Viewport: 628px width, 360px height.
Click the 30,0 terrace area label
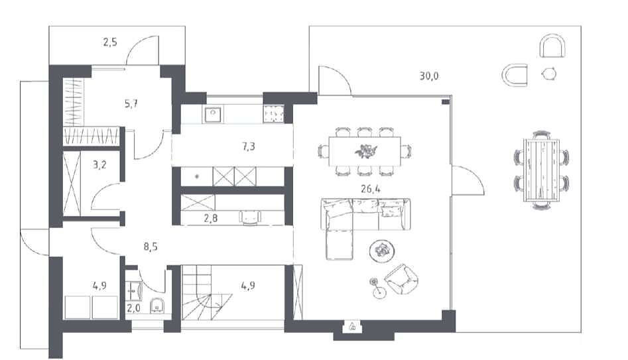click(429, 76)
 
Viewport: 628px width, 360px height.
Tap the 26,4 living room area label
click(371, 189)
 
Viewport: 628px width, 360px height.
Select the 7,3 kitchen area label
click(248, 147)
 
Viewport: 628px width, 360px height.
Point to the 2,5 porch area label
click(110, 42)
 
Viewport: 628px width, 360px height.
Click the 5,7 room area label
click(131, 104)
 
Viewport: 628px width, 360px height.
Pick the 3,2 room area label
click(99, 164)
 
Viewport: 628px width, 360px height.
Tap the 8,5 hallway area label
click(151, 247)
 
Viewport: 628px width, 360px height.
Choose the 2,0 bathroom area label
click(134, 308)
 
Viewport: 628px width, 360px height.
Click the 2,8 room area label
click(211, 218)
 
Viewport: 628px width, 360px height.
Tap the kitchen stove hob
click(274, 114)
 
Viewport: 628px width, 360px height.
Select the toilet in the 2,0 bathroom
click(157, 306)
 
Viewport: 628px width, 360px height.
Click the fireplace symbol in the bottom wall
click(352, 326)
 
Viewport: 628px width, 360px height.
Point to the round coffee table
click(382, 251)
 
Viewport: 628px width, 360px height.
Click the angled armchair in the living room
click(401, 279)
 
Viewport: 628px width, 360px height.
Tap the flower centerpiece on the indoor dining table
click(365, 151)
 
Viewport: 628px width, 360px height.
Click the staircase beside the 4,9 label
click(207, 292)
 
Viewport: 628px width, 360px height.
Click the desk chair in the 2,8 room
click(249, 218)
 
